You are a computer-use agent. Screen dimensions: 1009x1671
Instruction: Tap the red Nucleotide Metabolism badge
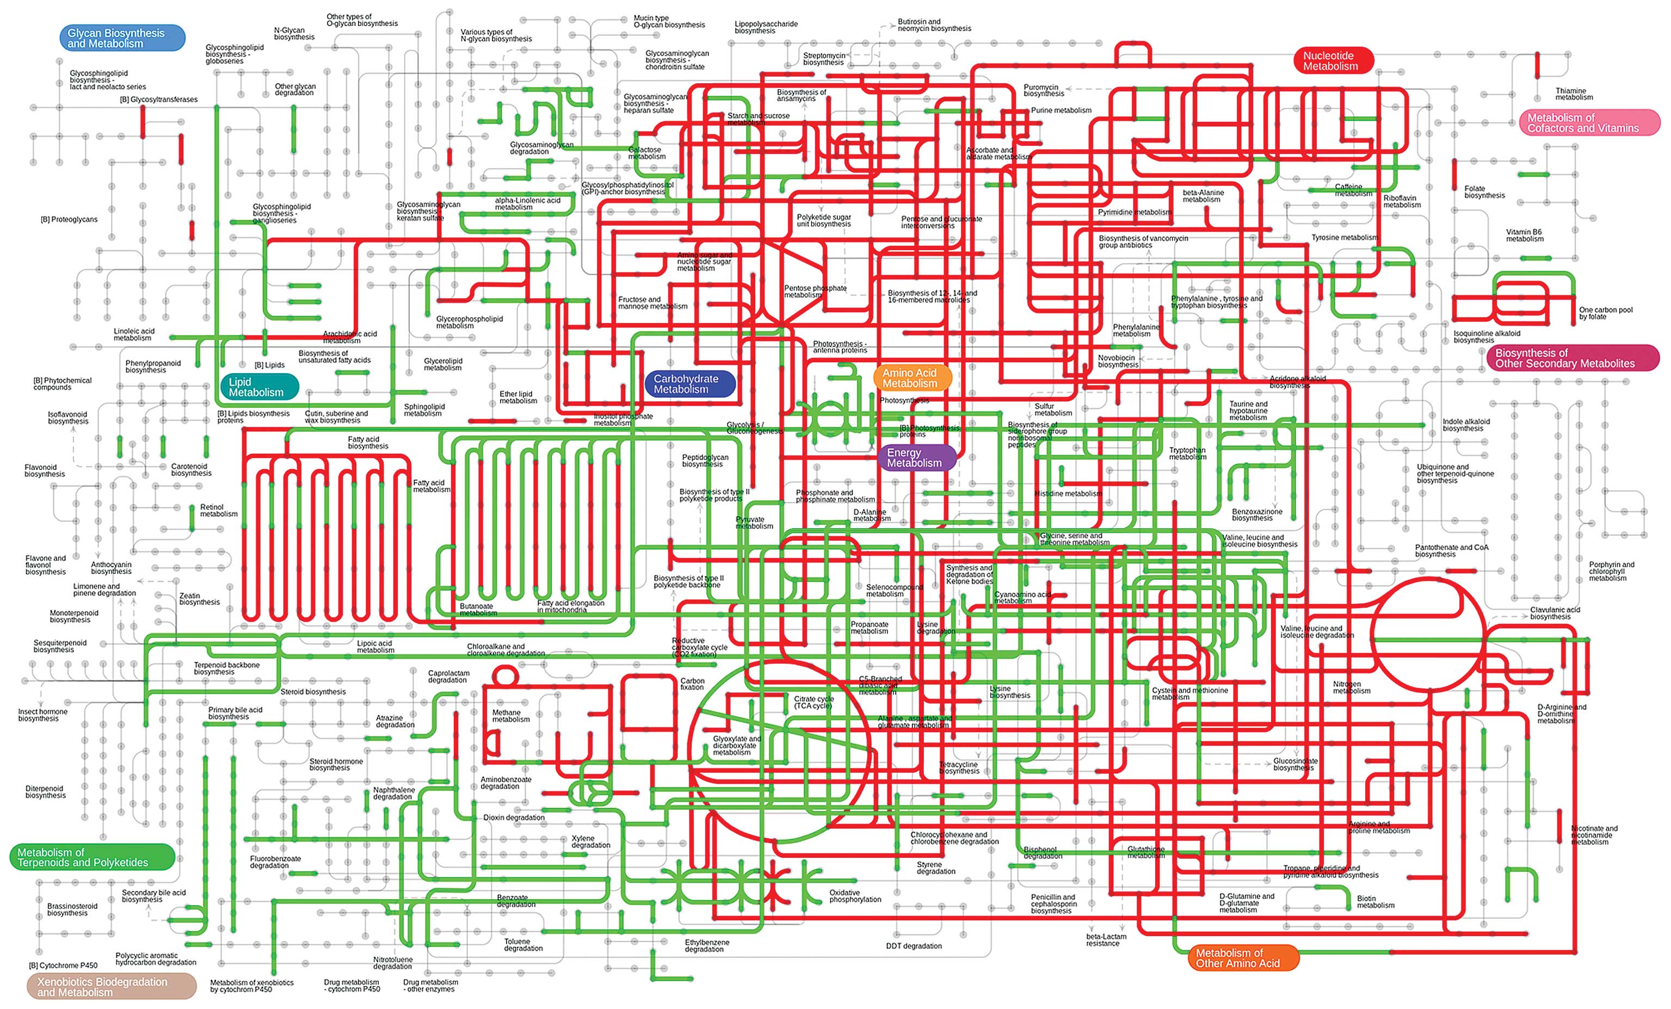pyautogui.click(x=1333, y=61)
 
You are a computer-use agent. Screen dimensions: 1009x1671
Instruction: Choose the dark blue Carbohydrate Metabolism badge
pyautogui.click(x=689, y=384)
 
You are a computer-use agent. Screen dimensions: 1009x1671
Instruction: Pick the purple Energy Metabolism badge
pyautogui.click(x=916, y=457)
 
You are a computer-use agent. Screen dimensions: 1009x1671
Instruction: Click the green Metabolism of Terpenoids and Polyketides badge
pyautogui.click(x=91, y=857)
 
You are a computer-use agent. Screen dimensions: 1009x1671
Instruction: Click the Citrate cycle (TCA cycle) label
pyautogui.click(x=814, y=702)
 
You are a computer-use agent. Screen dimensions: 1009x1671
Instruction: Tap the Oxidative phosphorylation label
pyautogui.click(x=854, y=896)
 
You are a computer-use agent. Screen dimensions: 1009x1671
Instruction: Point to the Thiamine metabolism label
pyautogui.click(x=1574, y=94)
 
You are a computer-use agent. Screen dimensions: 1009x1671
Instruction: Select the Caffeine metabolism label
pyautogui.click(x=1352, y=190)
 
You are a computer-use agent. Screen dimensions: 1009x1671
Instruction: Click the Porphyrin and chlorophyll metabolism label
pyautogui.click(x=1611, y=571)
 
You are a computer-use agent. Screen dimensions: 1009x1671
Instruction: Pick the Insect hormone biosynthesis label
pyautogui.click(x=42, y=715)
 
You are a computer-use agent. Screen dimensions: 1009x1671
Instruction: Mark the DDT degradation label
pyautogui.click(x=914, y=946)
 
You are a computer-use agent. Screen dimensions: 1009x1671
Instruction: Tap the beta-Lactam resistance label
pyautogui.click(x=1106, y=940)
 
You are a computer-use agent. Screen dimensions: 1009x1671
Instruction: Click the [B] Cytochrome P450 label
pyautogui.click(x=63, y=965)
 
